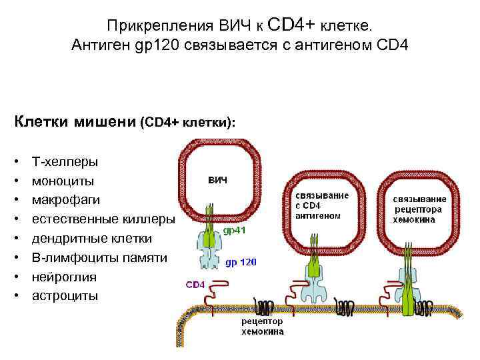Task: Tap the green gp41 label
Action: pos(237,231)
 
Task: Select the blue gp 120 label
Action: pos(241,262)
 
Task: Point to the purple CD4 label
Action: pos(195,285)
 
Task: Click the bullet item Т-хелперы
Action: pos(65,161)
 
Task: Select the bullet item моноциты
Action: pos(63,181)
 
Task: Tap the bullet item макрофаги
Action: pos(64,200)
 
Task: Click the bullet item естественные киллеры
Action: pos(103,219)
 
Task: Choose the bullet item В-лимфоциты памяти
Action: pos(99,257)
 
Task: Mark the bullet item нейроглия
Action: pos(64,277)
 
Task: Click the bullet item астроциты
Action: pos(65,295)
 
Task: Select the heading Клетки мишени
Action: pos(73,122)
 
